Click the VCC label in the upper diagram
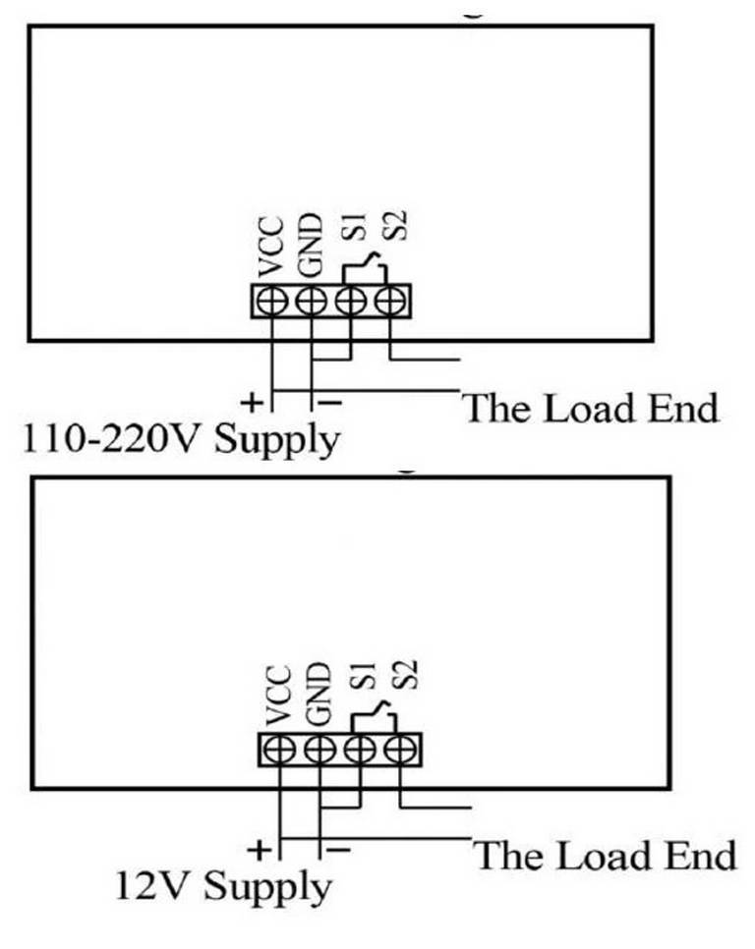[x=270, y=248]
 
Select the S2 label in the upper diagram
[x=393, y=225]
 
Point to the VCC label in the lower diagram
[x=278, y=696]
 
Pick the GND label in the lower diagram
[x=319, y=694]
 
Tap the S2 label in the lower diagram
[x=404, y=674]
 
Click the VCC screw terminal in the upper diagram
[x=272, y=301]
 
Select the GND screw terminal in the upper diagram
[x=312, y=301]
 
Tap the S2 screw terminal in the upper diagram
[x=390, y=301]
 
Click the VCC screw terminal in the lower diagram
[x=280, y=750]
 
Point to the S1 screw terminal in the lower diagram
[x=360, y=750]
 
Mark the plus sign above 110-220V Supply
[x=252, y=403]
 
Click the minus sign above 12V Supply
[x=338, y=851]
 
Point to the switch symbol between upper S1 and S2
[x=365, y=267]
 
